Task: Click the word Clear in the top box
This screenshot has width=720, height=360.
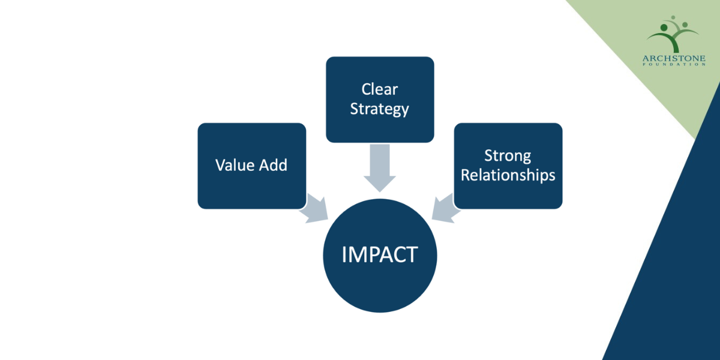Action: [379, 89]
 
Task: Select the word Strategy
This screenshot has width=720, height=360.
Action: [379, 109]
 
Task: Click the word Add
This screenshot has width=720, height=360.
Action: [273, 165]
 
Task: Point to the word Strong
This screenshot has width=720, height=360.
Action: [508, 156]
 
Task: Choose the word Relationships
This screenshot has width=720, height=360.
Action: [508, 176]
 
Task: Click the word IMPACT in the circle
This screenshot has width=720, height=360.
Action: [379, 254]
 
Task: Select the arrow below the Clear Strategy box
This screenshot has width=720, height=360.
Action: [379, 168]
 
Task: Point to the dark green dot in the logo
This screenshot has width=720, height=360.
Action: [665, 27]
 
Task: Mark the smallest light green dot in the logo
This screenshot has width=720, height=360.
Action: [674, 18]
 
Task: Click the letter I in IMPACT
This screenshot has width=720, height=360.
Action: [344, 254]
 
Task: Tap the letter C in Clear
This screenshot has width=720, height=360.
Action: [366, 89]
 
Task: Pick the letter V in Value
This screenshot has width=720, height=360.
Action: [220, 165]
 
